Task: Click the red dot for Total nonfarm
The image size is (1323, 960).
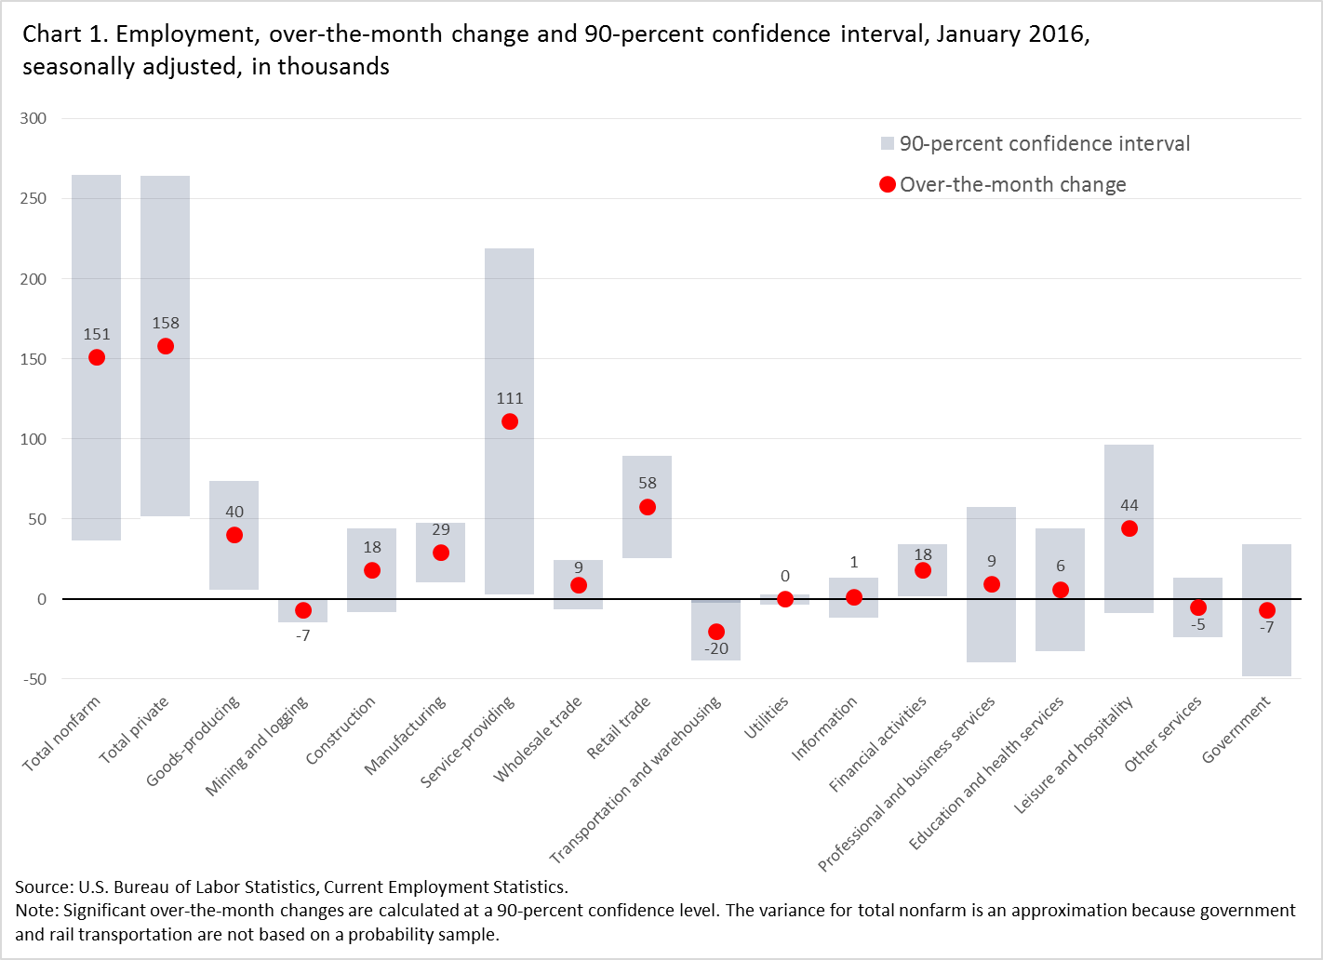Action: click(x=97, y=358)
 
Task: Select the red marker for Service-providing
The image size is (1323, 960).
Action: click(x=510, y=421)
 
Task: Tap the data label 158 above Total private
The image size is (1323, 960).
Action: click(x=166, y=323)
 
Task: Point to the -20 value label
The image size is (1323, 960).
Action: click(x=716, y=648)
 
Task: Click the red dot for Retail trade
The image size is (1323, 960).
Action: click(x=648, y=507)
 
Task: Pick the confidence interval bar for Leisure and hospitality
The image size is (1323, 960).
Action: click(x=1129, y=567)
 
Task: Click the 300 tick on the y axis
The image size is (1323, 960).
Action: click(x=33, y=118)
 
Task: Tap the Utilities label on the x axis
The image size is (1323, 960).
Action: click(x=767, y=717)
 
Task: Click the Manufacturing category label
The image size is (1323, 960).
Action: click(x=406, y=735)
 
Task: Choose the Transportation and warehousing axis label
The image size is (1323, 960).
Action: click(x=635, y=780)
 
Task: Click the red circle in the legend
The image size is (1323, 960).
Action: click(x=888, y=184)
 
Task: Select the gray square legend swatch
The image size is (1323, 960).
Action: click(x=888, y=143)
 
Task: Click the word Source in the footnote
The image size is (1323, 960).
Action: click(x=43, y=887)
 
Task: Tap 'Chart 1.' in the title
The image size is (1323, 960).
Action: click(x=66, y=34)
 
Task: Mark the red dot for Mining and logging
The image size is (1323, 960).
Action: click(x=303, y=610)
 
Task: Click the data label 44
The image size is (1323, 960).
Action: click(x=1129, y=505)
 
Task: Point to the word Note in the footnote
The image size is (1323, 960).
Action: click(x=34, y=910)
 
